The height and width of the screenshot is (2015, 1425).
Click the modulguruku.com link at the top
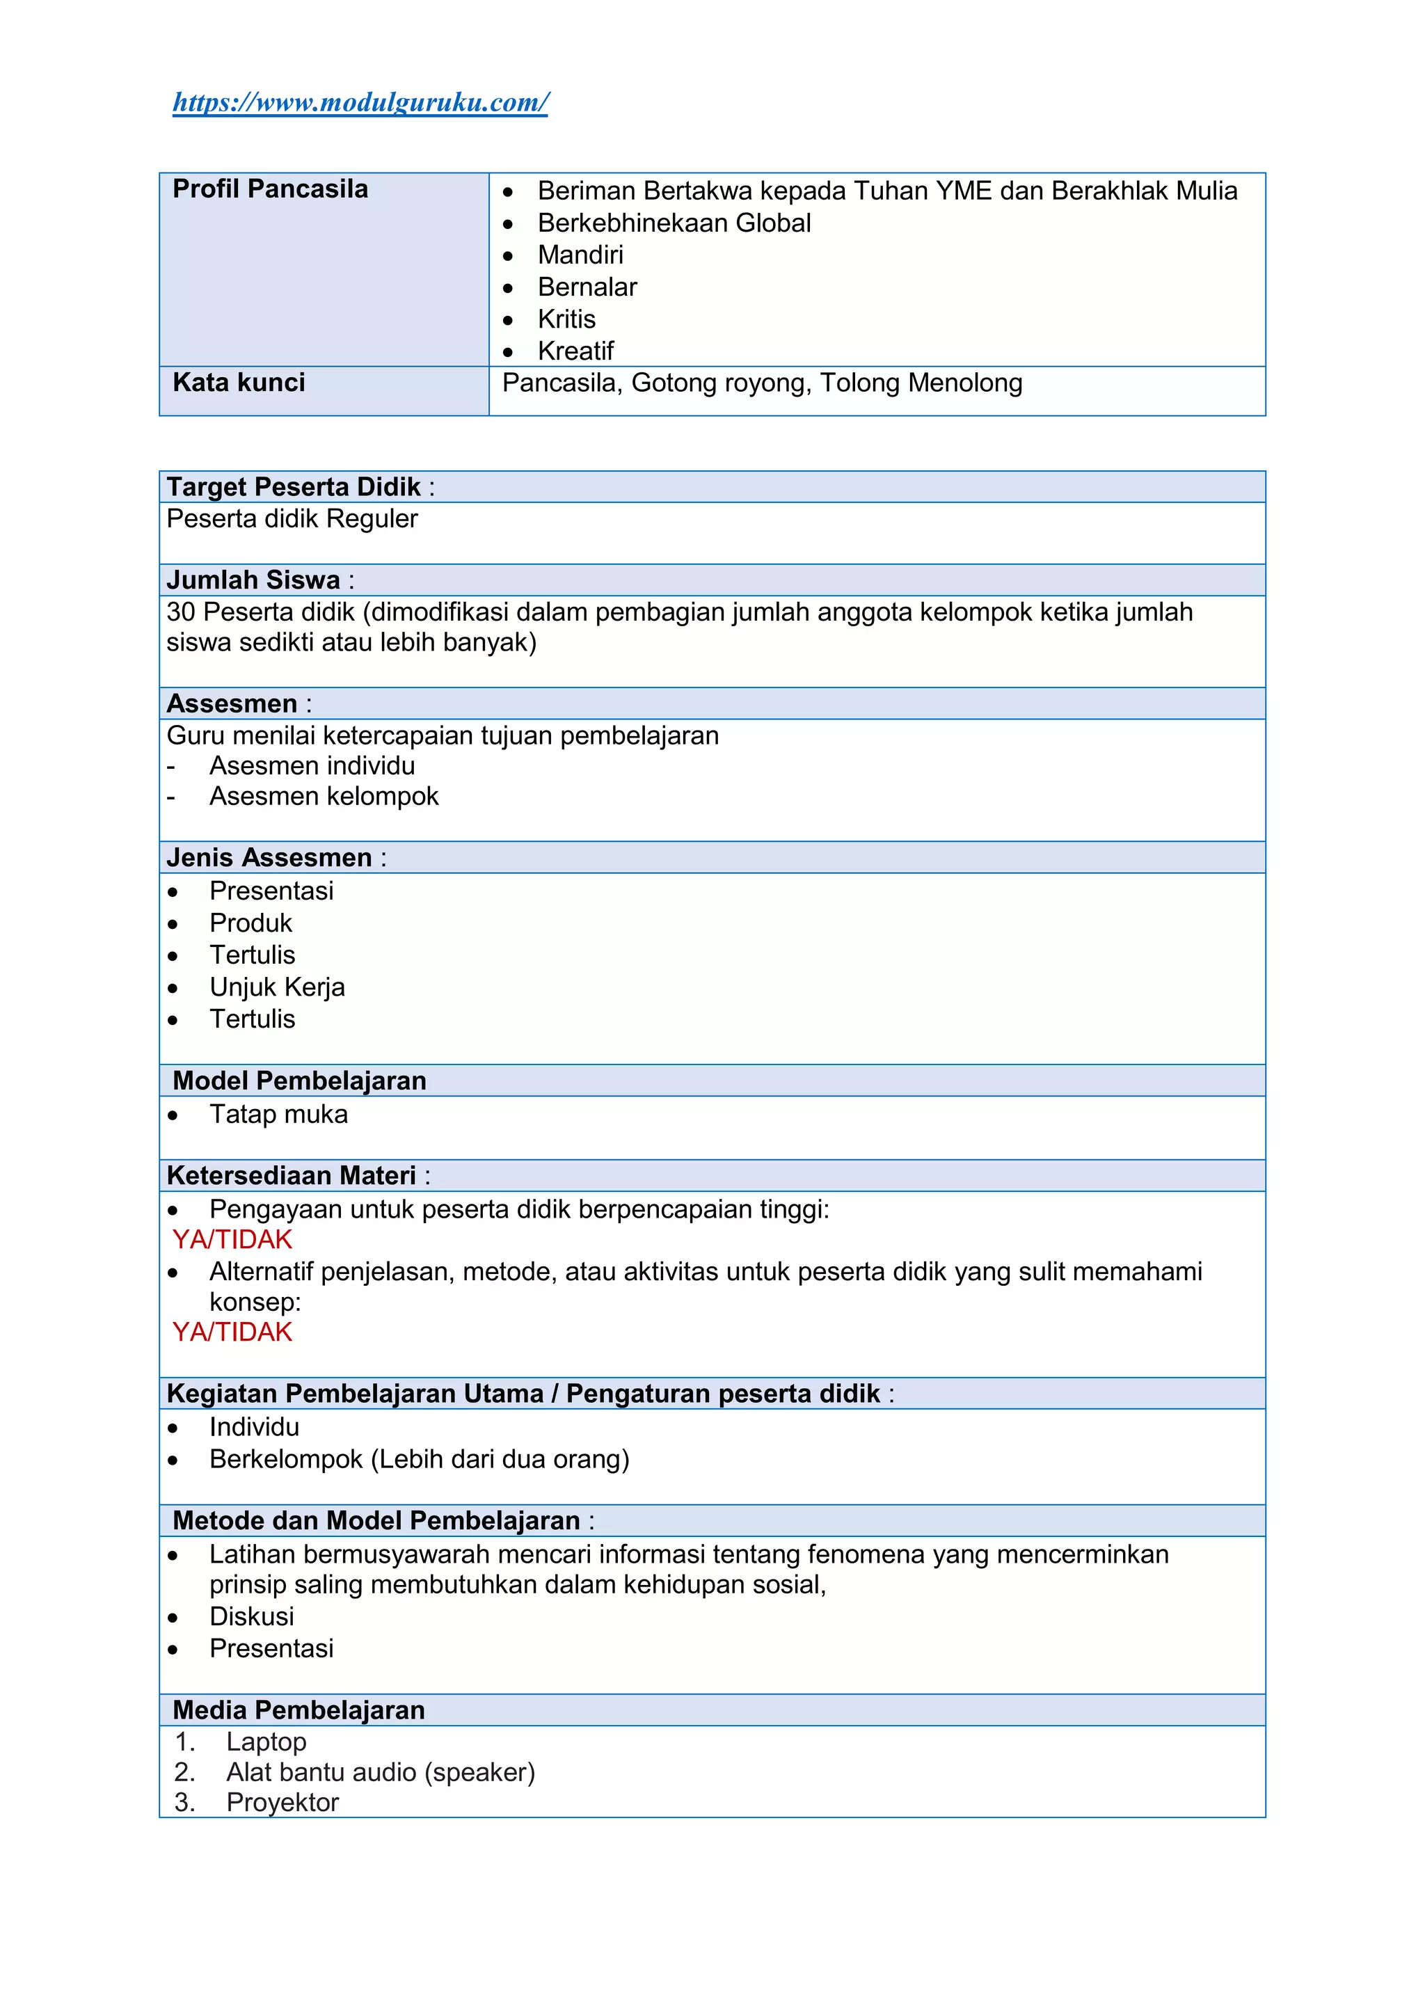(x=360, y=103)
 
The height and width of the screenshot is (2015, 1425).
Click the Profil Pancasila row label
(x=269, y=189)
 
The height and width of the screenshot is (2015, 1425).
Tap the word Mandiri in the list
(x=580, y=255)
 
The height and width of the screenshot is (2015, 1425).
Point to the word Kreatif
(x=575, y=351)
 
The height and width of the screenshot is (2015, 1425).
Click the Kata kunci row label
(x=239, y=383)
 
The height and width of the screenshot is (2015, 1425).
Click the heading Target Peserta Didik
(x=293, y=487)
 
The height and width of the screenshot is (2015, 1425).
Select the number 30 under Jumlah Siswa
(x=181, y=612)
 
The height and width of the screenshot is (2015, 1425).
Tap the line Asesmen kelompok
(x=323, y=796)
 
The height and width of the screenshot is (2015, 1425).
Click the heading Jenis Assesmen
(x=269, y=857)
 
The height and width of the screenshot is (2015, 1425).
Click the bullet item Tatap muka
(x=278, y=1115)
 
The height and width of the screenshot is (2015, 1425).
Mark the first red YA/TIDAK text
(x=232, y=1240)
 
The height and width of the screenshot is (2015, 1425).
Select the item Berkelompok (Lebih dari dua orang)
(x=419, y=1460)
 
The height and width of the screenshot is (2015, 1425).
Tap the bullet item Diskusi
(x=251, y=1616)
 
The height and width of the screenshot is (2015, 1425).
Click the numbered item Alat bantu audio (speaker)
(x=380, y=1772)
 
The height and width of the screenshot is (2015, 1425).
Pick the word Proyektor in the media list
(x=282, y=1803)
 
